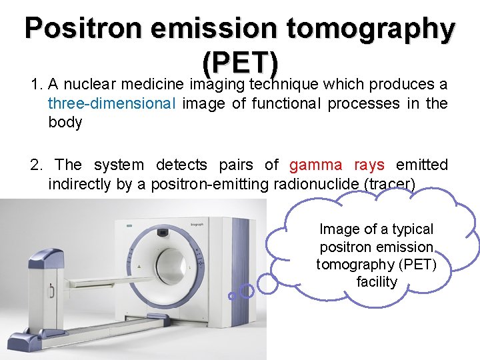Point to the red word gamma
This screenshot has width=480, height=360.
click(316, 165)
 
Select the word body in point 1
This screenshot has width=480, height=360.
click(65, 123)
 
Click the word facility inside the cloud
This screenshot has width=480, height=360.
click(377, 281)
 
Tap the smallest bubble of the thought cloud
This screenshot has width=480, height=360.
click(231, 295)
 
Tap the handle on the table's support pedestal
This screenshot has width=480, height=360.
click(51, 291)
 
